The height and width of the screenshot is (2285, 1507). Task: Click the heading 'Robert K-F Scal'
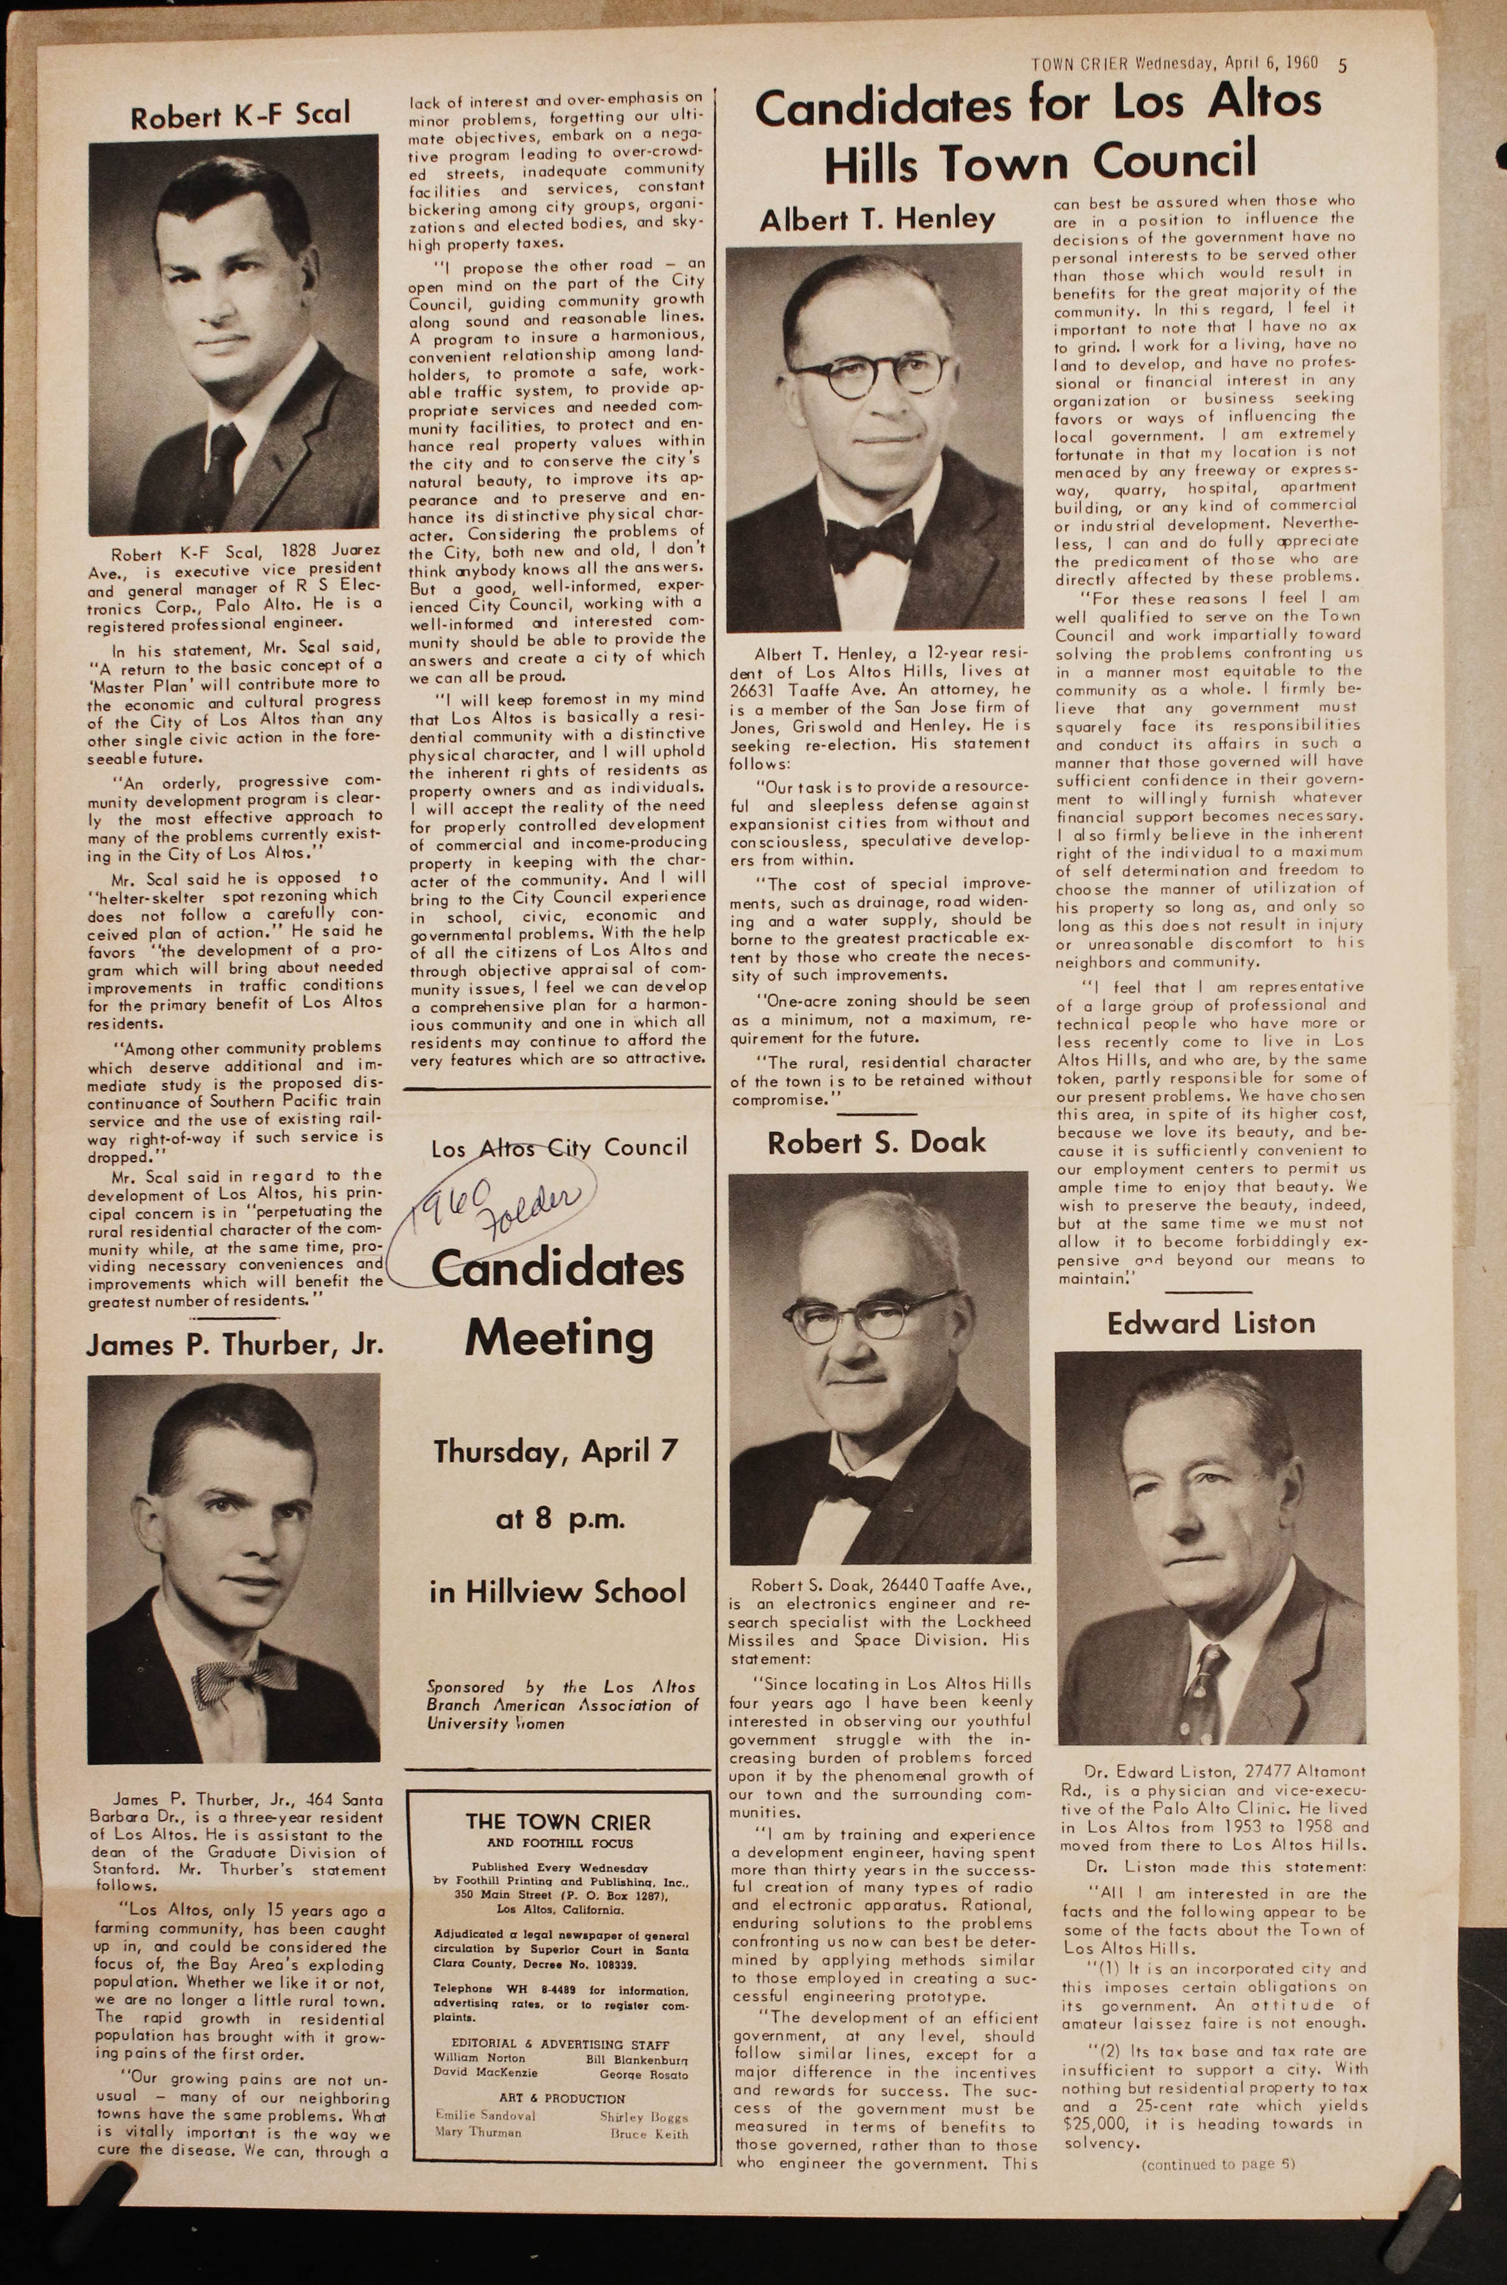[x=240, y=115]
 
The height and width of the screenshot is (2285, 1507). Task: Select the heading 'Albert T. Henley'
[x=876, y=220]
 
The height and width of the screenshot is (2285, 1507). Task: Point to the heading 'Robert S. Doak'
[x=876, y=1141]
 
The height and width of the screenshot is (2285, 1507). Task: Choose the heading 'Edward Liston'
[x=1210, y=1323]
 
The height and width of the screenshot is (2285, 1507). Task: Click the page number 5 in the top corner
[x=1342, y=65]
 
